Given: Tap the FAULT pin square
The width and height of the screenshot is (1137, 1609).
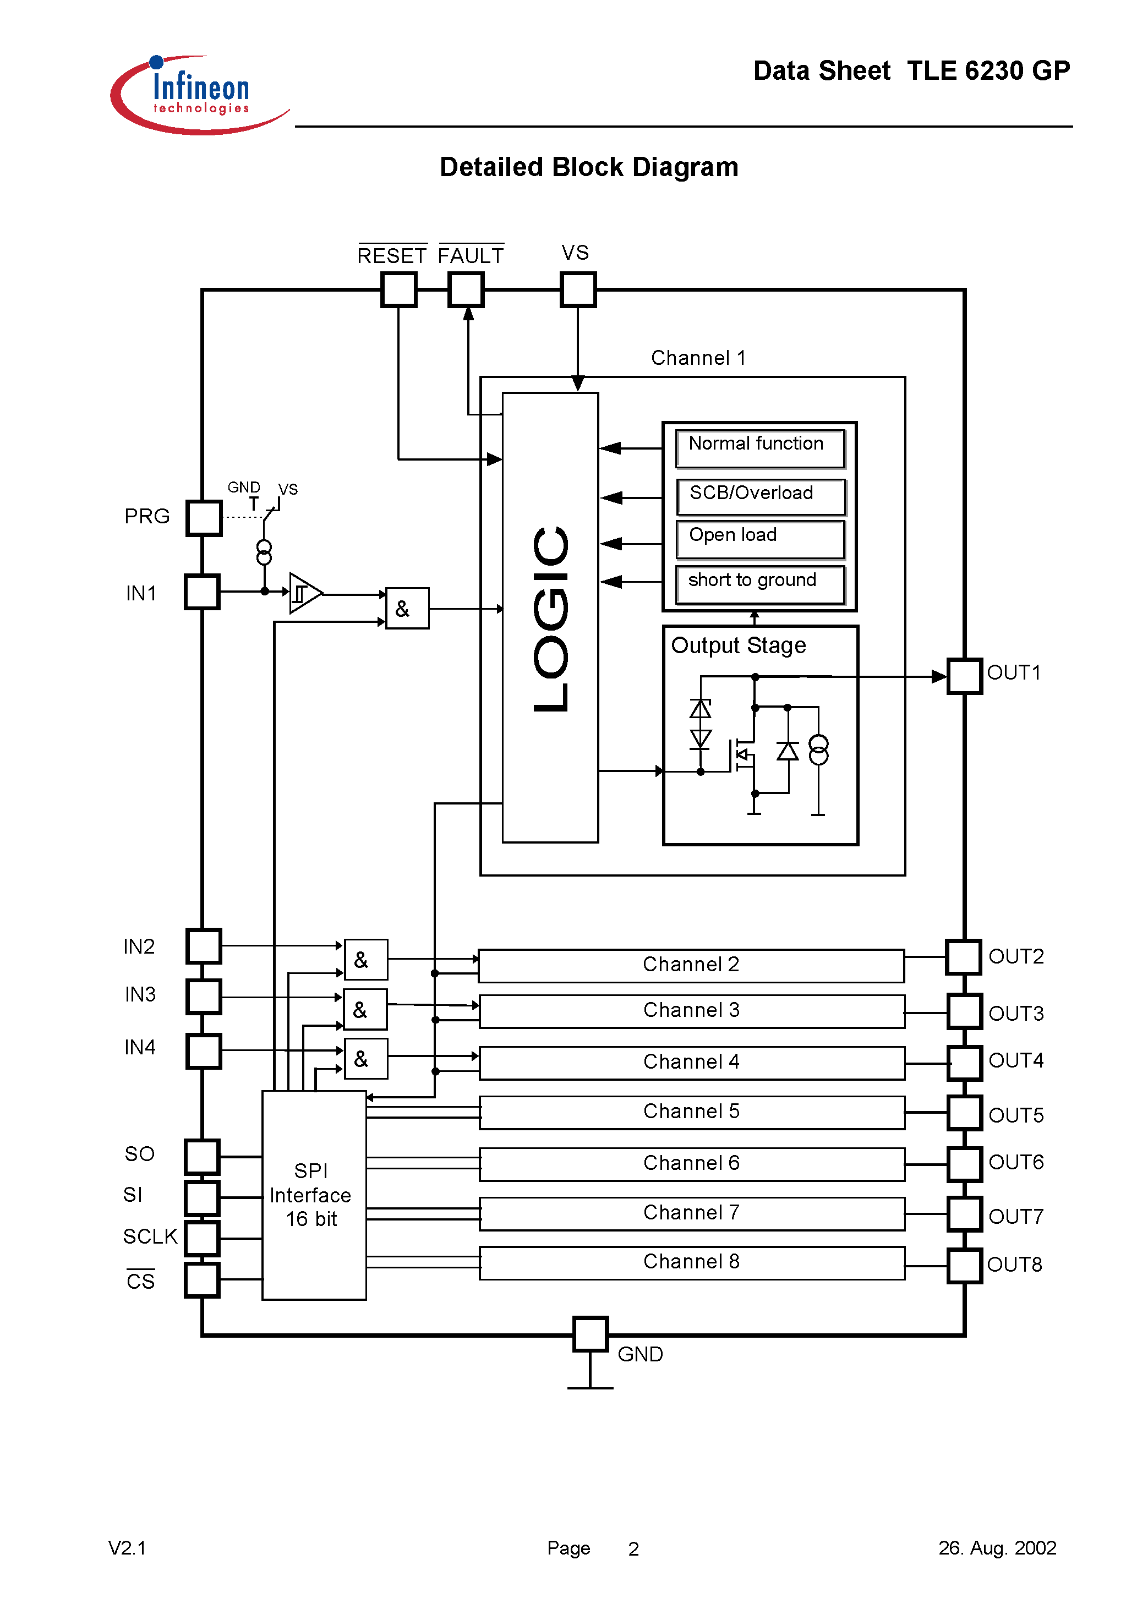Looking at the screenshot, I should click(x=466, y=289).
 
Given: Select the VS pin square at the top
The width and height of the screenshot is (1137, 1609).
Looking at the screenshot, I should click(x=578, y=289).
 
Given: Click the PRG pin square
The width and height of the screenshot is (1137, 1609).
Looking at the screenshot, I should click(x=204, y=518).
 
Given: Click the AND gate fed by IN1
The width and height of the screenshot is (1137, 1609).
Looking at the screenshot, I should click(x=407, y=608).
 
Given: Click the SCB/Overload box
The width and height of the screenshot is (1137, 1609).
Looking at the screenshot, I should click(x=760, y=495).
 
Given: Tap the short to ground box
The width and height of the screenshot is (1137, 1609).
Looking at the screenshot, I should click(x=760, y=583).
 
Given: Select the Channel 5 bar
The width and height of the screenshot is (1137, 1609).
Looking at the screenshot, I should click(x=691, y=1112).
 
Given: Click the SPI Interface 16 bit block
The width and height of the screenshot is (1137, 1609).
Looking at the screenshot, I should click(x=313, y=1194).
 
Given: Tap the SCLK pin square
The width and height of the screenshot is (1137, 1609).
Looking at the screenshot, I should click(x=202, y=1238).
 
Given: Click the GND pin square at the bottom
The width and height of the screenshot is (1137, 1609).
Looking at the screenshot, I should click(x=590, y=1334).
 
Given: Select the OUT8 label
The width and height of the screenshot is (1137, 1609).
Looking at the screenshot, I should click(x=1014, y=1264).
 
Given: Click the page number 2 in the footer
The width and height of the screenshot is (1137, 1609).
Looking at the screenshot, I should click(x=633, y=1548).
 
